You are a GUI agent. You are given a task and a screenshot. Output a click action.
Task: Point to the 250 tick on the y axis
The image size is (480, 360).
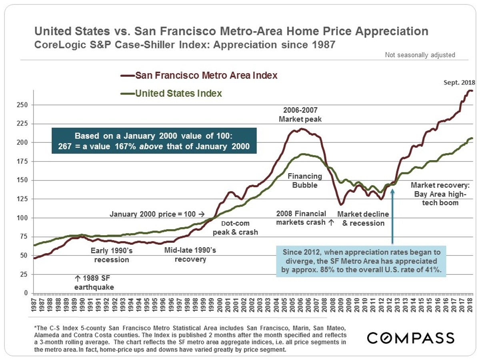(x=26, y=105)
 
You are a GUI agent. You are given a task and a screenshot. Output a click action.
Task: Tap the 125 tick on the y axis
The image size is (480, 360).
(x=26, y=199)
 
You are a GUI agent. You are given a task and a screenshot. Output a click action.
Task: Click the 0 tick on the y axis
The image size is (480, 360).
(x=28, y=293)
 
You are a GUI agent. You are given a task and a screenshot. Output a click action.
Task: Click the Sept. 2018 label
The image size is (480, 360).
(x=459, y=83)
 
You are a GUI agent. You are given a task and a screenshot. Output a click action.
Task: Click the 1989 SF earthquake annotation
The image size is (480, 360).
(x=94, y=282)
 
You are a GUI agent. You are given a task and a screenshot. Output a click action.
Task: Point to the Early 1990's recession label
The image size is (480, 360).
(x=112, y=255)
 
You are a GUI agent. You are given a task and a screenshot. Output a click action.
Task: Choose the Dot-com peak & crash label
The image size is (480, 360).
(x=235, y=228)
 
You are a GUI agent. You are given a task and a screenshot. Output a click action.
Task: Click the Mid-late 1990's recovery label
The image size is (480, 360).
(x=190, y=255)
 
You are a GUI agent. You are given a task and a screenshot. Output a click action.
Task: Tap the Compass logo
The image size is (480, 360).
(x=411, y=338)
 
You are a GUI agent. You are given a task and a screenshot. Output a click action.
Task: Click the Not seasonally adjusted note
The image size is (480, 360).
(x=420, y=55)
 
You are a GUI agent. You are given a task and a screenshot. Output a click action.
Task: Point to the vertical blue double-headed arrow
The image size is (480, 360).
(x=392, y=216)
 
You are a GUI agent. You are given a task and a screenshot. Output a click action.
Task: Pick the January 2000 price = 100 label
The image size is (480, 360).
(x=157, y=214)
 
